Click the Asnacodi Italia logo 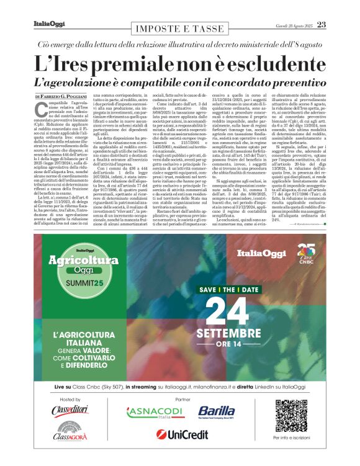coord(147,412)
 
